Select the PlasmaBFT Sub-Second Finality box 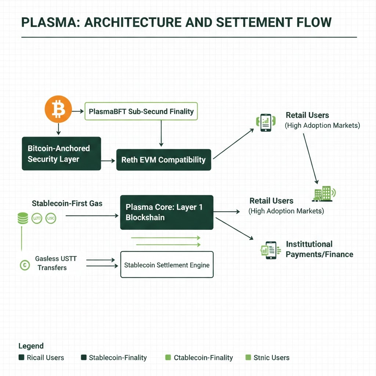coord(141,111)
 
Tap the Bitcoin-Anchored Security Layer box coord(61,153)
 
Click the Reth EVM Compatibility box coord(163,160)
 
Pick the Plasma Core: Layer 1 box coord(167,212)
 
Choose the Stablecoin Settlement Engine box coord(167,265)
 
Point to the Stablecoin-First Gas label coord(67,203)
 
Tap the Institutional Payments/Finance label coord(319,249)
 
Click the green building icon coord(323,194)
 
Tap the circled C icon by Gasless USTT coord(25,265)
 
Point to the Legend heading coord(31,346)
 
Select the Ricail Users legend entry coord(41,358)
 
